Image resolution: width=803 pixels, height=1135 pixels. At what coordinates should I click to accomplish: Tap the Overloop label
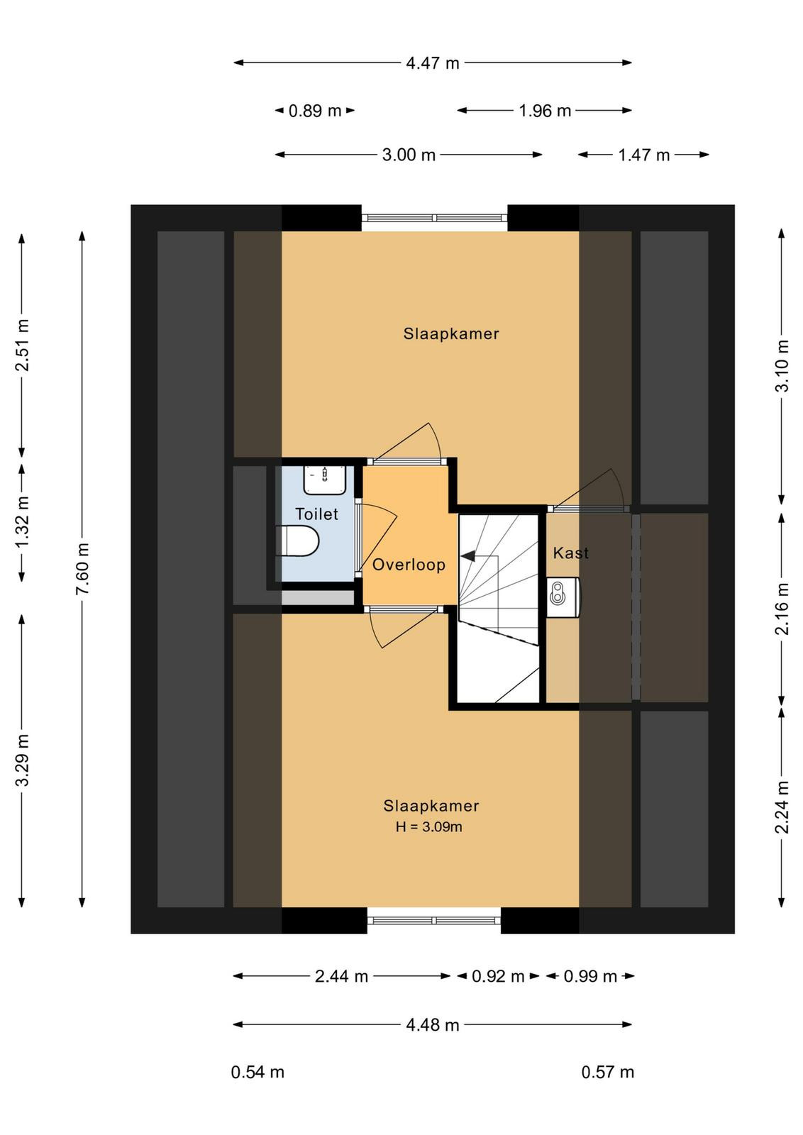pos(409,565)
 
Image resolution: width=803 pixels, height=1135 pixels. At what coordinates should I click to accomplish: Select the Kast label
pos(570,553)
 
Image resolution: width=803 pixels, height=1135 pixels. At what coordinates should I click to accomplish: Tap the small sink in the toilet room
pos(325,480)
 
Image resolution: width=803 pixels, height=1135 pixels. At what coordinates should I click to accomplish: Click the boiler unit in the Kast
pos(564,597)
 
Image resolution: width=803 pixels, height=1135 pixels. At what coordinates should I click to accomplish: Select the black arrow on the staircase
pos(468,556)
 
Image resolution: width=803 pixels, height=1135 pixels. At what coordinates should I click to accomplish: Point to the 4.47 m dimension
pos(433,63)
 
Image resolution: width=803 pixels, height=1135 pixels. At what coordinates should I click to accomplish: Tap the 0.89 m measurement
pos(315,111)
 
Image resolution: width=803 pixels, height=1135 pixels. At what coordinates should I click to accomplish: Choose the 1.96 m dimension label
pos(545,111)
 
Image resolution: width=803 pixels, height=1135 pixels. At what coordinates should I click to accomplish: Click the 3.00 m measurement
pos(409,155)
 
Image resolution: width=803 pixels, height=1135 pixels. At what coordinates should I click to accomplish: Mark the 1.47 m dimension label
pos(644,155)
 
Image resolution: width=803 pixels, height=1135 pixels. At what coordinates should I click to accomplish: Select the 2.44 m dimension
pos(341,976)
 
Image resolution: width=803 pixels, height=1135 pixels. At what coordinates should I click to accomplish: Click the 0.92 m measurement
pos(498,976)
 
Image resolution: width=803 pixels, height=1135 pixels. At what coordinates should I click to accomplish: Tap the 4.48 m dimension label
pos(433,1025)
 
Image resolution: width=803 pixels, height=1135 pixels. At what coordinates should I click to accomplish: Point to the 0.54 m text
pos(257,1072)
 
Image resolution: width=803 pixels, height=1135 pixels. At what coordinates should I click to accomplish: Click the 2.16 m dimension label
pos(782,609)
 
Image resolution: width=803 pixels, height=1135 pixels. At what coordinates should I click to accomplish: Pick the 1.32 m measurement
pos(22,521)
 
